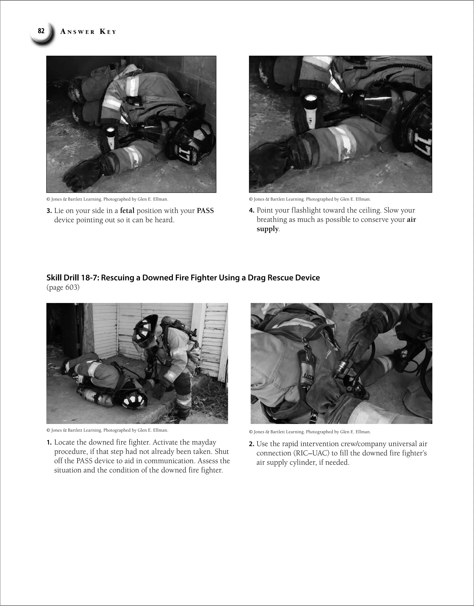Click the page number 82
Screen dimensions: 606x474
41,31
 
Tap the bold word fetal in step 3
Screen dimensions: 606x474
127,211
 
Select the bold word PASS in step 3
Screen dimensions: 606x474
205,211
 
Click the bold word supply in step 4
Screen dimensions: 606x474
267,229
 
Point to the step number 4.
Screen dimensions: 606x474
251,211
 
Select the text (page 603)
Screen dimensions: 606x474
63,287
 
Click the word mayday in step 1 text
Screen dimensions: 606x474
204,442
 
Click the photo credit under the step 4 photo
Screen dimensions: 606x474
310,199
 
